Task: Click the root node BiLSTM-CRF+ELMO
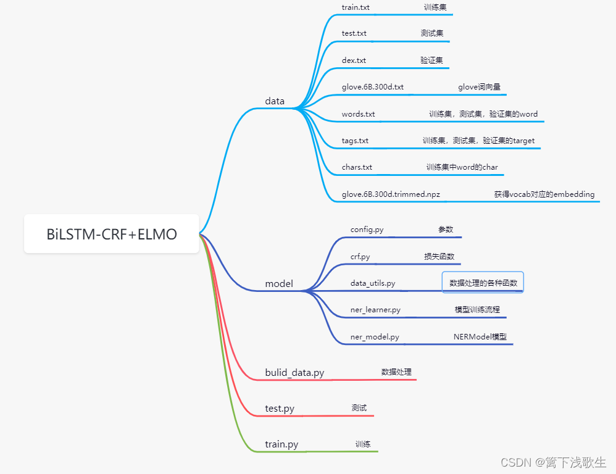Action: pyautogui.click(x=112, y=234)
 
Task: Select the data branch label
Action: pyautogui.click(x=275, y=101)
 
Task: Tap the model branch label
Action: pyautogui.click(x=279, y=284)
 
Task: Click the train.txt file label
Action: pyautogui.click(x=356, y=7)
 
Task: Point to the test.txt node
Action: pyautogui.click(x=354, y=33)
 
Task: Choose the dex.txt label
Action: pyautogui.click(x=354, y=60)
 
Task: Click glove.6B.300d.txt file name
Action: pyautogui.click(x=372, y=87)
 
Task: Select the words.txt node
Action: pyautogui.click(x=358, y=114)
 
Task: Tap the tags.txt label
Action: pyautogui.click(x=355, y=141)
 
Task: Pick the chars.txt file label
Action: pyautogui.click(x=357, y=167)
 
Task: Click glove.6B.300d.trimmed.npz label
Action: pyautogui.click(x=391, y=194)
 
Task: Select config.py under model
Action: pyautogui.click(x=367, y=230)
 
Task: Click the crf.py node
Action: pyautogui.click(x=360, y=257)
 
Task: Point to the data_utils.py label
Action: pyautogui.click(x=373, y=283)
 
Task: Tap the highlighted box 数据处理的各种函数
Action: pyautogui.click(x=483, y=283)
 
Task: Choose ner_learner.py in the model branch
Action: pyautogui.click(x=375, y=310)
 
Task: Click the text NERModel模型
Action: pyautogui.click(x=480, y=337)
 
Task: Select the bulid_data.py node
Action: pyautogui.click(x=294, y=373)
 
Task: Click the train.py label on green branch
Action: pyautogui.click(x=281, y=444)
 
